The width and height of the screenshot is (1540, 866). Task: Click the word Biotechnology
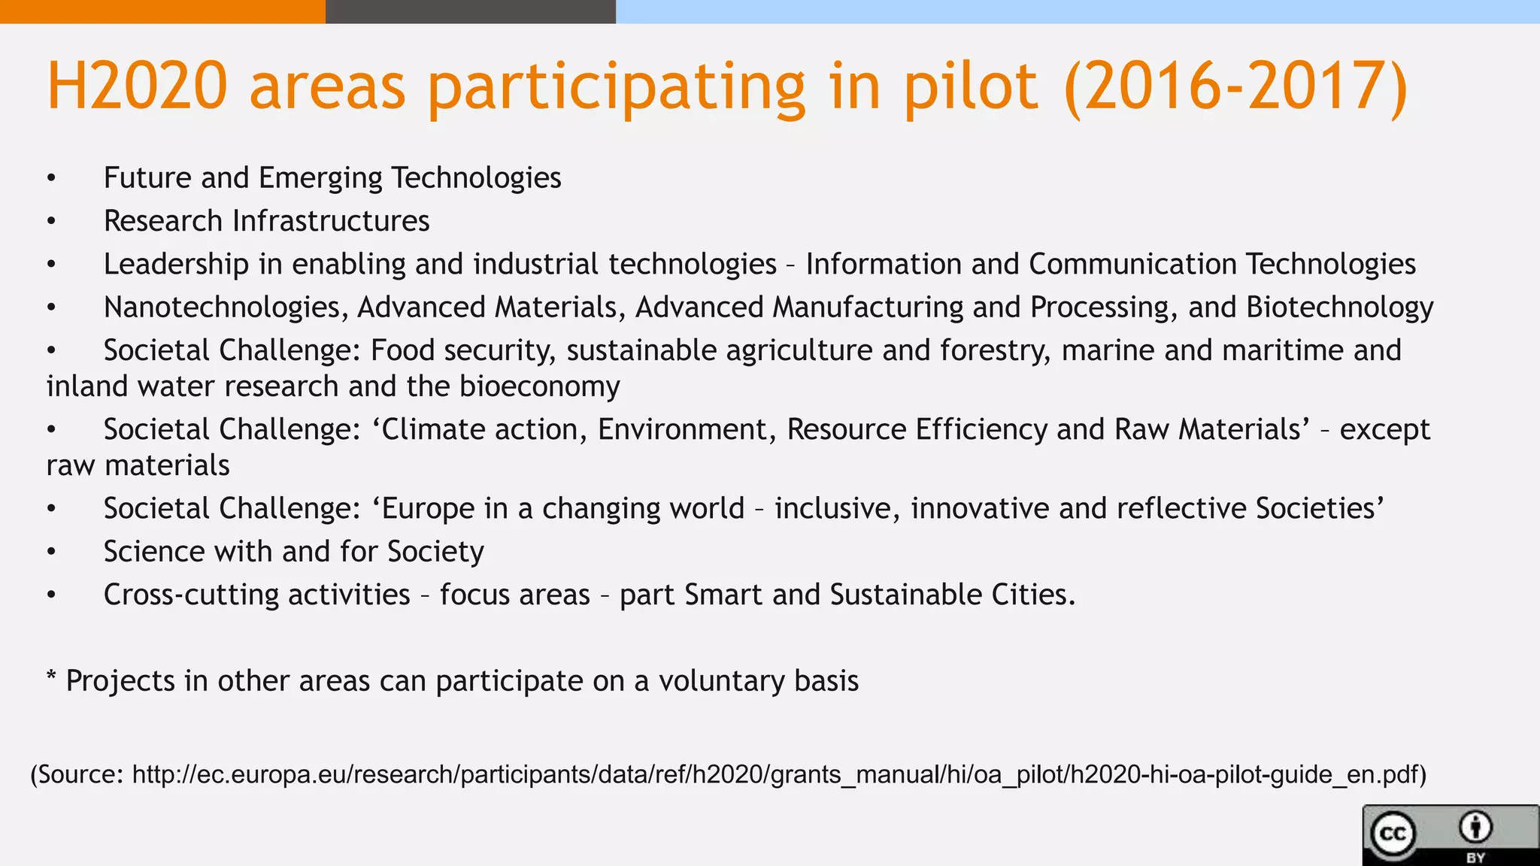[1339, 307]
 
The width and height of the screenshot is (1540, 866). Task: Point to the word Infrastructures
[331, 221]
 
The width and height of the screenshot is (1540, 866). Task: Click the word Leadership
[176, 264]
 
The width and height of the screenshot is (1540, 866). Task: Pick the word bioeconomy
[539, 386]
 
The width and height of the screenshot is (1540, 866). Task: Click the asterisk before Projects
[51, 677]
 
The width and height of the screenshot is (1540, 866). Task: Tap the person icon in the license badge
[1475, 828]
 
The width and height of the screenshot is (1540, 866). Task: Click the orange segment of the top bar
[162, 11]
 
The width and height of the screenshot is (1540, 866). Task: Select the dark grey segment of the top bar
[470, 11]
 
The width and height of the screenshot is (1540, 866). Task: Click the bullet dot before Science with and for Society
[51, 553]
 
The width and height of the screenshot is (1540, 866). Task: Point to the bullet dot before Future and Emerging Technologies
[51, 179]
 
